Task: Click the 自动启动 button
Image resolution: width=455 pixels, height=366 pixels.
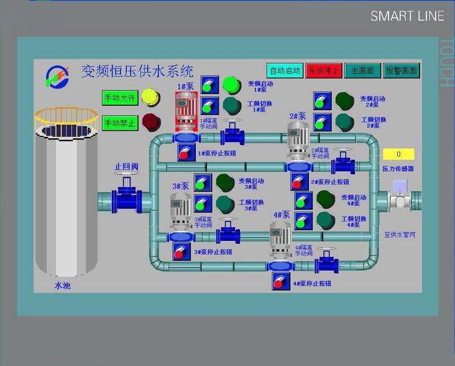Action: click(x=285, y=70)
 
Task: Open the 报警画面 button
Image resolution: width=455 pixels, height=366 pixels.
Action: click(x=401, y=70)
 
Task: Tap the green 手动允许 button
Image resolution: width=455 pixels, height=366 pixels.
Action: click(x=119, y=98)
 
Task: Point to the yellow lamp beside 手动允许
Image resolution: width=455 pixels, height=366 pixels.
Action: click(x=150, y=97)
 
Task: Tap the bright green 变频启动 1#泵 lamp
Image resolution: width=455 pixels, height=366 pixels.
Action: click(x=231, y=84)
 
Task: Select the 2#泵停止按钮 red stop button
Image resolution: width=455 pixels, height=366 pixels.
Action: click(x=299, y=182)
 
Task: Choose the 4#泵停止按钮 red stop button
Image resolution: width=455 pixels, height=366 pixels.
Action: click(x=281, y=282)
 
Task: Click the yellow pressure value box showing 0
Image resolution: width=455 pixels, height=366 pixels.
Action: click(x=398, y=154)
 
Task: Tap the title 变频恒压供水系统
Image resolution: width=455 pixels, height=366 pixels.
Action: click(x=137, y=71)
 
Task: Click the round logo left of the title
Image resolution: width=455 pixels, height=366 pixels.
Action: click(x=58, y=76)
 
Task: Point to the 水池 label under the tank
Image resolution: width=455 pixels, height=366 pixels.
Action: click(x=63, y=286)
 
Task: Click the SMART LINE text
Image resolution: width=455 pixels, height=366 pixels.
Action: click(x=407, y=16)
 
